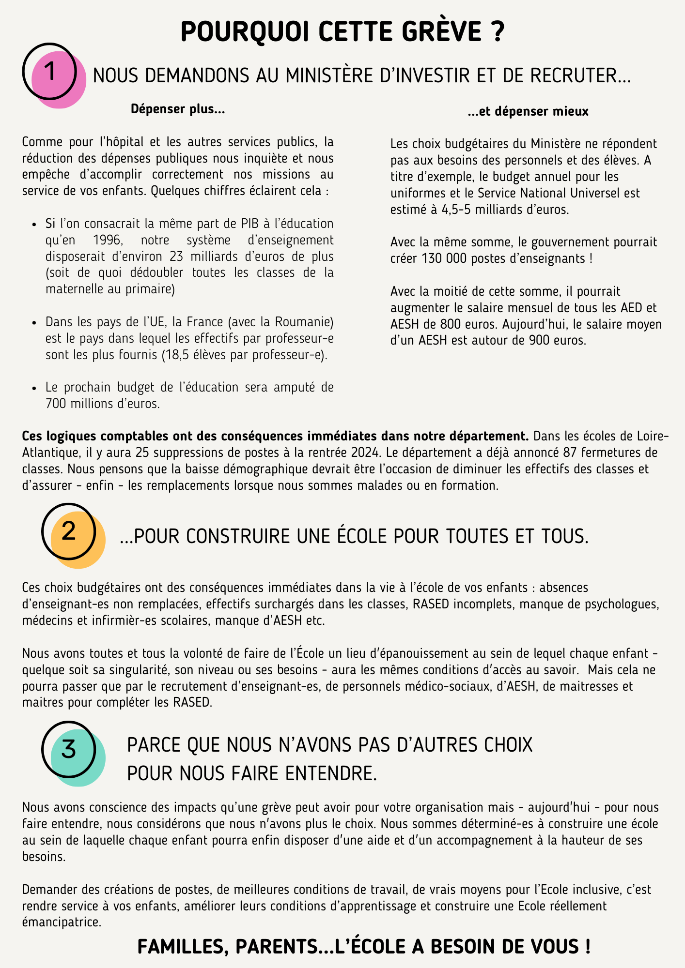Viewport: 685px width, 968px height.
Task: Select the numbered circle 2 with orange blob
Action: pyautogui.click(x=69, y=531)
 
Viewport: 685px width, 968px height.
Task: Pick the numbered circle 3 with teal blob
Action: pyautogui.click(x=69, y=749)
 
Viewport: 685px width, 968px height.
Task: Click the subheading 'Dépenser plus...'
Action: pyautogui.click(x=178, y=109)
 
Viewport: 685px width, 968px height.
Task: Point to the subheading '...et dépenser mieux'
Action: pyautogui.click(x=528, y=112)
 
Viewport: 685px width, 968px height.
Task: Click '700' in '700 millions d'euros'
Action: pyautogui.click(x=56, y=404)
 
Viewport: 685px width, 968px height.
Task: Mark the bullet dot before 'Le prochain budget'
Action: pyautogui.click(x=34, y=388)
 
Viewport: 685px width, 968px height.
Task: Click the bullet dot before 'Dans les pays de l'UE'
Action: pyautogui.click(x=34, y=323)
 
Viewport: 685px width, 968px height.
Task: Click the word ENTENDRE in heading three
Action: pyautogui.click(x=331, y=773)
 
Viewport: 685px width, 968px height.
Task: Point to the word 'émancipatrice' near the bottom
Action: pyautogui.click(x=62, y=922)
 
